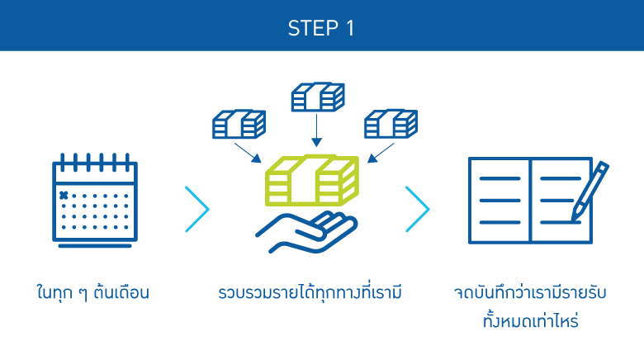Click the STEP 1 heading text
click(321, 27)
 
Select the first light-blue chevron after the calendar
click(198, 209)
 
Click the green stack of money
click(312, 182)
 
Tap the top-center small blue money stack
click(316, 97)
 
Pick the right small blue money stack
click(391, 124)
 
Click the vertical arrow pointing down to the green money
click(316, 130)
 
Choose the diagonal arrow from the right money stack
click(381, 152)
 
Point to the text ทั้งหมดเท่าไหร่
click(531, 320)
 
